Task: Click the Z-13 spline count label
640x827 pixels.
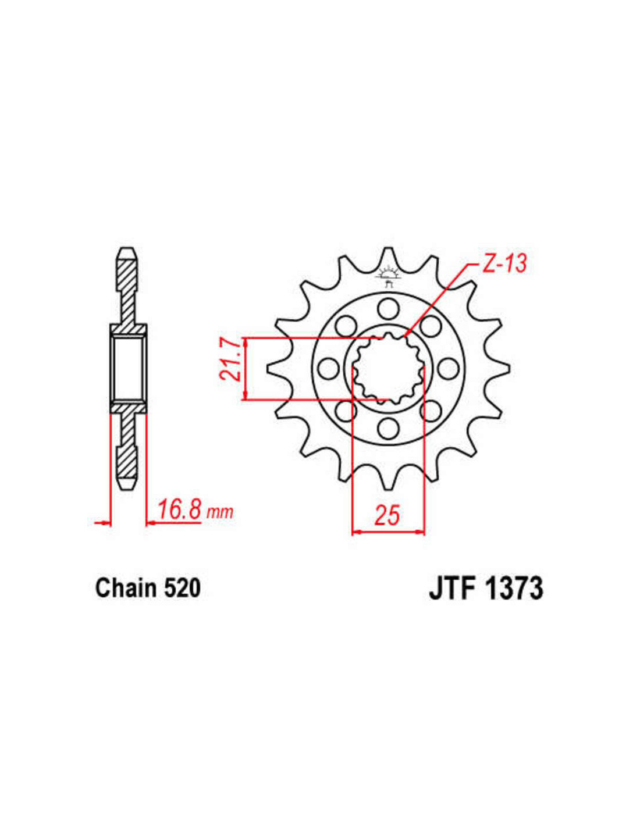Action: tap(504, 264)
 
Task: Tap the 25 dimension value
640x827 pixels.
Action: tap(387, 515)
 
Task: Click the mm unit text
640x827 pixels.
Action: tap(220, 512)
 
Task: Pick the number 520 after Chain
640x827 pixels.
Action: tap(182, 588)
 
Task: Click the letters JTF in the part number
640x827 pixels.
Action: tap(453, 589)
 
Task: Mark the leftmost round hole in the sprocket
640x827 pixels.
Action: tap(329, 368)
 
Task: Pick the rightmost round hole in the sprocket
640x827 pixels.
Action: tap(447, 368)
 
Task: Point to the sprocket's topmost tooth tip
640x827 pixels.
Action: tap(387, 250)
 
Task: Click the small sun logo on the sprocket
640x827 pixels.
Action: tap(388, 274)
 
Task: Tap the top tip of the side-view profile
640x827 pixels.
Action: tap(127, 250)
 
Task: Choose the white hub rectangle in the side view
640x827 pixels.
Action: tap(128, 368)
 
